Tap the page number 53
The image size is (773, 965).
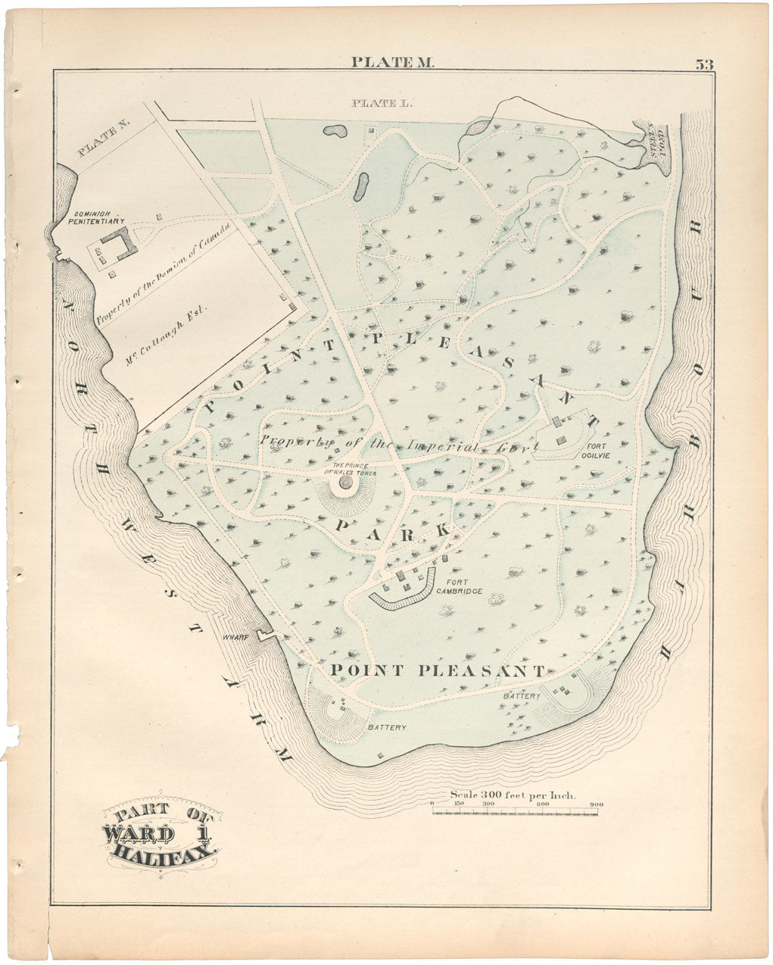coord(704,64)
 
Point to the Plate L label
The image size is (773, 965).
coord(381,103)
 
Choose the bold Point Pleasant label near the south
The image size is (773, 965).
coord(438,670)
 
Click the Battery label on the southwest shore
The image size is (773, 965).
coord(387,727)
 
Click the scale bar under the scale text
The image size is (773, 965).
coord(514,811)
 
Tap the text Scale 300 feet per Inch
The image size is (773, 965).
coord(513,795)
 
